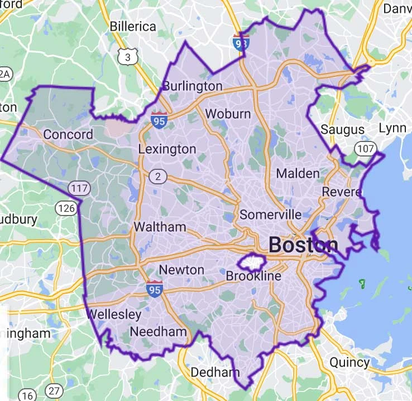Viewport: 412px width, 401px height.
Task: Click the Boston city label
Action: coord(303,244)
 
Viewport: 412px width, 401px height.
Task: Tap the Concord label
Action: coord(68,134)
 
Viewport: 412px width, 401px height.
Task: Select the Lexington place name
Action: coord(167,149)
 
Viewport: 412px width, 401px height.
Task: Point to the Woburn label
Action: coord(227,114)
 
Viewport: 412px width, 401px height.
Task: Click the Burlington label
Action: coord(192,86)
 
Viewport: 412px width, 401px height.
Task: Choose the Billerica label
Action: coord(133,26)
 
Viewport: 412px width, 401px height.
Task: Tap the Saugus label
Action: coord(342,130)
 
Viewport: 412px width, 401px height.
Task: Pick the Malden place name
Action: coord(298,173)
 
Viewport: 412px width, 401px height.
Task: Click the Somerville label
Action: coord(270,214)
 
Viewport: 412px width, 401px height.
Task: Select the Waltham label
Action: coord(160,227)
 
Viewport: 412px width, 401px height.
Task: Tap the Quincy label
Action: coord(349,362)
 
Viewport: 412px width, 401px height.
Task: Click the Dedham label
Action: coord(215,372)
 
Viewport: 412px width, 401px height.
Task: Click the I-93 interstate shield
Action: coord(241,42)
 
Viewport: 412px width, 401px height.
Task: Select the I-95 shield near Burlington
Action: coord(159,119)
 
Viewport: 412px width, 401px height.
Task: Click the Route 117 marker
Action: coord(79,188)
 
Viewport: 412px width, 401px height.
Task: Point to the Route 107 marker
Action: coord(366,149)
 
